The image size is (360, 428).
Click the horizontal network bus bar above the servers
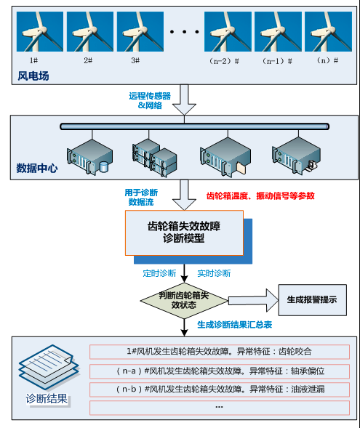coord(189,126)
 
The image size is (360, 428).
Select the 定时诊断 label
coord(159,273)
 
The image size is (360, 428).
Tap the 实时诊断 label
coord(214,273)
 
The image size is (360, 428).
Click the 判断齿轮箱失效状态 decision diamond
coord(184,301)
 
